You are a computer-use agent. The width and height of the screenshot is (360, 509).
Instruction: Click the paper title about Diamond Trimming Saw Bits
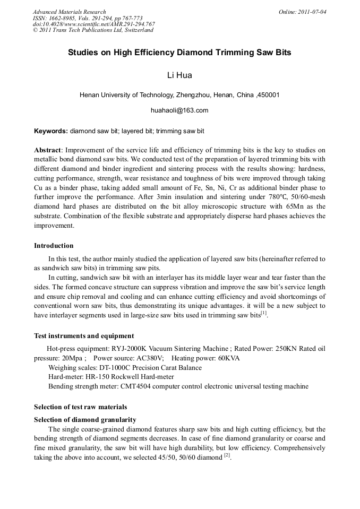(x=179, y=53)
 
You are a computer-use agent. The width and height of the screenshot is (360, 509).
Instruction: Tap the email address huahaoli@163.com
(x=179, y=110)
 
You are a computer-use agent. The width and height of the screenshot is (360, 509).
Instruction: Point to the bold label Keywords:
(x=51, y=131)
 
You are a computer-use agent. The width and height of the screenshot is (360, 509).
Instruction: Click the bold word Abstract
(x=48, y=150)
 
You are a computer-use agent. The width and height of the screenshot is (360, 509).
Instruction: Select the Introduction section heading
(x=54, y=246)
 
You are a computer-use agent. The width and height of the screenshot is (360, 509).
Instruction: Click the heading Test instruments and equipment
(x=84, y=335)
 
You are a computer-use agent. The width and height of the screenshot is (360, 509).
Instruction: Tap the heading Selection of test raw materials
(x=80, y=407)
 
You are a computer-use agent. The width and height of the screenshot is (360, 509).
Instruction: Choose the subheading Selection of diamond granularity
(x=85, y=419)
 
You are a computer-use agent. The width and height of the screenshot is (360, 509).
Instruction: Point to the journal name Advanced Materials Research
(x=69, y=12)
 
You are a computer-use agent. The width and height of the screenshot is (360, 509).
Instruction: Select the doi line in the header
(x=93, y=24)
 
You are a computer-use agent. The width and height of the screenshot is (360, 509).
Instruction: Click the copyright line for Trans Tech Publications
(x=93, y=30)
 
